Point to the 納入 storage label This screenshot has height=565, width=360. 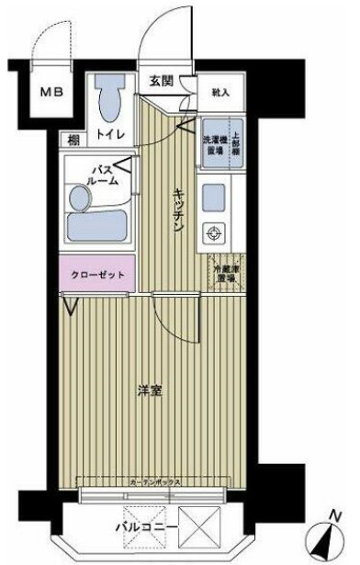coord(220,93)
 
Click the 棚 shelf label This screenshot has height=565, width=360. coord(73,141)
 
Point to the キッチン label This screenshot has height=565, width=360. coord(181,210)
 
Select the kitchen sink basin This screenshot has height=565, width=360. coord(215,197)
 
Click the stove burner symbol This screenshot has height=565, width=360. coord(215,232)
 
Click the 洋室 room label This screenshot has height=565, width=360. coord(151,391)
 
